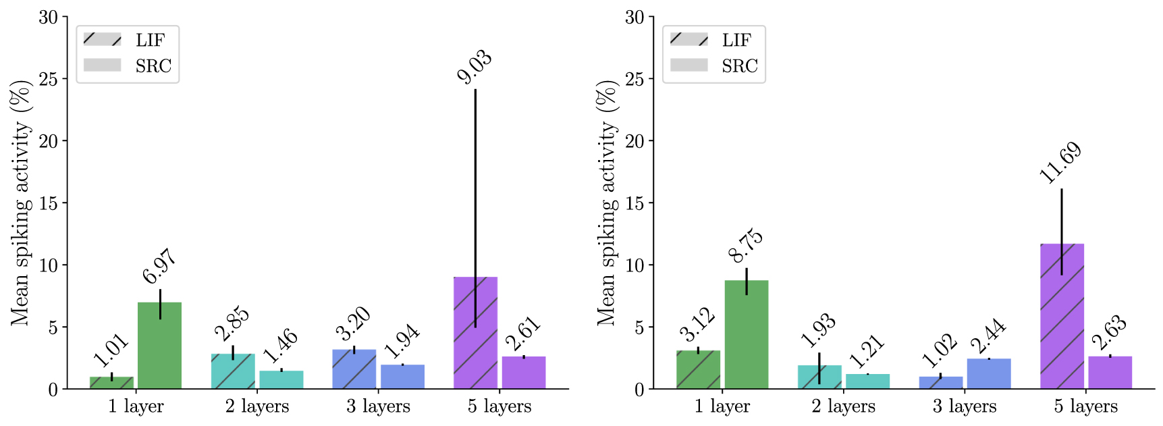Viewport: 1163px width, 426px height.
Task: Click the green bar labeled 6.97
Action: pos(159,346)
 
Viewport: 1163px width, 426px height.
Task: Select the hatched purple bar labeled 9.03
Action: pos(475,333)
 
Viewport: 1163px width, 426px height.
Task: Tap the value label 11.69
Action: pos(1060,163)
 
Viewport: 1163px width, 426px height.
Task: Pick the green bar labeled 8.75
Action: pos(746,335)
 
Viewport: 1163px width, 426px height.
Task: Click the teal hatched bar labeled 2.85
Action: pos(233,371)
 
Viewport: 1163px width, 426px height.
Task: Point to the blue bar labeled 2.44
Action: pos(988,373)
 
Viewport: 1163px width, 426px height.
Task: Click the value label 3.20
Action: pos(353,324)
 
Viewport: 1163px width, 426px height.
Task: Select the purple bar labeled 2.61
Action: pos(524,373)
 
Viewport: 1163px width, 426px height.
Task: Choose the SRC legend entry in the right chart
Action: pos(714,65)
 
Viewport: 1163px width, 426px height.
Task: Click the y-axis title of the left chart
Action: pos(21,203)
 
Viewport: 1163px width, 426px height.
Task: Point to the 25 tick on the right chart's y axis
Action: pos(634,79)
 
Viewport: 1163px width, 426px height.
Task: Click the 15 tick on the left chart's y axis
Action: pos(49,203)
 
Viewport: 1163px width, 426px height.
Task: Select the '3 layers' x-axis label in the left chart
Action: pos(378,406)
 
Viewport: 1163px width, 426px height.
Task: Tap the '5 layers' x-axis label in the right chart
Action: pos(1085,406)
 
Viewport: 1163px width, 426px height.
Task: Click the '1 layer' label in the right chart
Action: pos(722,406)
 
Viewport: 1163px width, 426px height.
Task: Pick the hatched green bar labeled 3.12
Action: pos(698,370)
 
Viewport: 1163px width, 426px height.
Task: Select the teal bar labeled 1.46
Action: pos(281,379)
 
